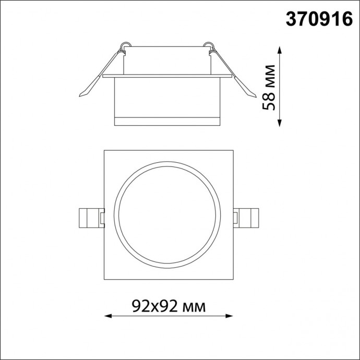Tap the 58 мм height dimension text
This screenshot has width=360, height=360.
(x=270, y=87)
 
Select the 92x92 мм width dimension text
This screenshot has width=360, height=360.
(x=168, y=305)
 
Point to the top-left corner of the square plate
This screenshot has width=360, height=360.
(x=104, y=151)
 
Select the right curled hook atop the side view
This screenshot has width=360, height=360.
(x=210, y=46)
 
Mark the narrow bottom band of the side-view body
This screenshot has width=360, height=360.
(x=166, y=122)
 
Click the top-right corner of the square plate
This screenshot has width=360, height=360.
(x=232, y=151)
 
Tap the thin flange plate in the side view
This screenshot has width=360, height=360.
(x=166, y=76)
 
